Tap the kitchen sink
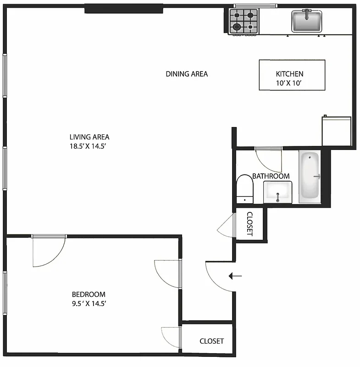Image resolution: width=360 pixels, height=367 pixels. tap(307, 21)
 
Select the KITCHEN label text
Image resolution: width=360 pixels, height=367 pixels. tap(289, 74)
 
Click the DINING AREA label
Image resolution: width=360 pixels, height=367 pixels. tap(187, 74)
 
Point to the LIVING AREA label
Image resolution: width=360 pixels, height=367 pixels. tap(89, 137)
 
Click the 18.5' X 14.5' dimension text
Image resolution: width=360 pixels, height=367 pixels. tap(89, 146)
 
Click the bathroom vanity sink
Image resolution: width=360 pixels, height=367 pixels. tap(277, 192)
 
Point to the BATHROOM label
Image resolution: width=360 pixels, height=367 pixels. tap(271, 176)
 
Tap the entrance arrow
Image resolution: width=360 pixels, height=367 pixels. tap(236, 276)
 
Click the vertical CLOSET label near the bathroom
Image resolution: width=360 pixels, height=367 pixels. tap(250, 223)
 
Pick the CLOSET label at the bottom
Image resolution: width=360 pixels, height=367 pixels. tap(212, 341)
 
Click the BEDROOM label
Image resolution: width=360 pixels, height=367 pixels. tap(89, 295)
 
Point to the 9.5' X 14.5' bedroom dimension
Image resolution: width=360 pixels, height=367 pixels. tap(89, 304)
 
